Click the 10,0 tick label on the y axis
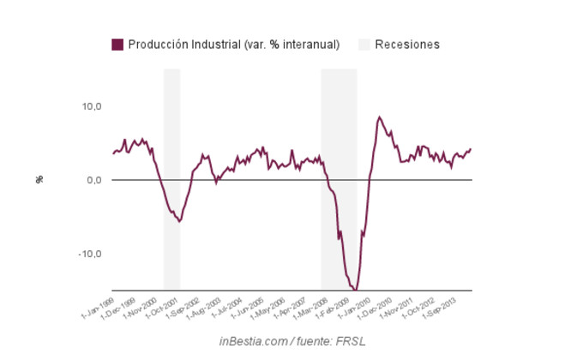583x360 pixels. click(x=92, y=106)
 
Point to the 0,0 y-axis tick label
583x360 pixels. click(x=94, y=180)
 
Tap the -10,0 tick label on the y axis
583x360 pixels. click(x=90, y=254)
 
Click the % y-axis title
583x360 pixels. click(x=39, y=179)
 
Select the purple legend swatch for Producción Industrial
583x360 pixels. click(x=117, y=45)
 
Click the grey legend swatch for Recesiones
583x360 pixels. click(x=364, y=45)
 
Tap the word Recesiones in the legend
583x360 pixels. click(x=407, y=45)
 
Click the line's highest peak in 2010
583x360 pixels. click(x=379, y=117)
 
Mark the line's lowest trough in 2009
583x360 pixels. click(x=356, y=290)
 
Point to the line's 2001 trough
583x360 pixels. click(x=178, y=221)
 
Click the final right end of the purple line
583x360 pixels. click(x=471, y=149)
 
